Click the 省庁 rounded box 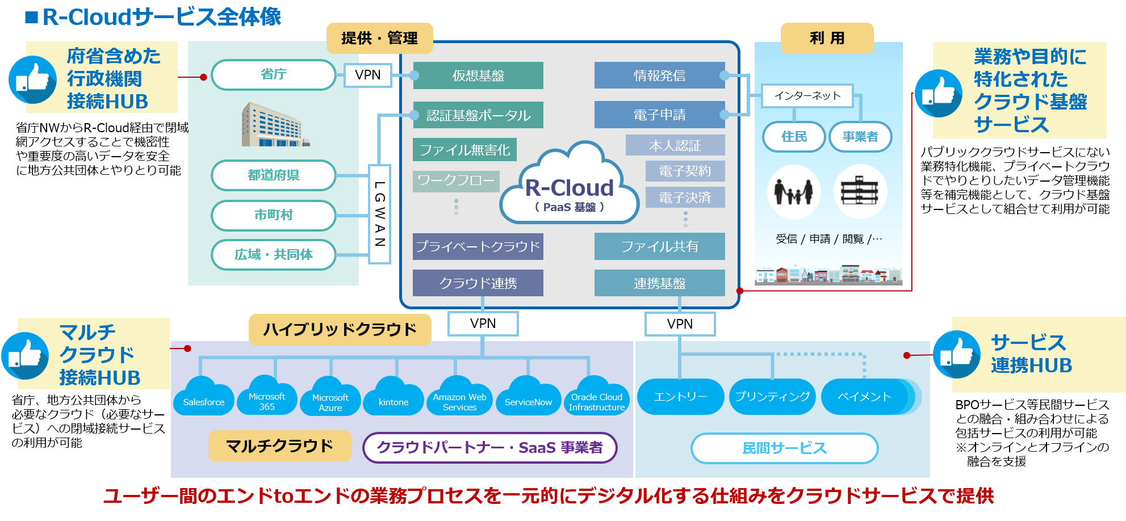point(273,74)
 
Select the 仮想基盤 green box point(478,75)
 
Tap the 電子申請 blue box point(659,115)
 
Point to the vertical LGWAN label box point(380,214)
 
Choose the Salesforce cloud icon point(203,397)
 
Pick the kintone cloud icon point(394,397)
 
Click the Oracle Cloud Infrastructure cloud point(596,397)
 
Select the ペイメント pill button point(864,397)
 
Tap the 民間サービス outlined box point(784,448)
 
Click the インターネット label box point(807,95)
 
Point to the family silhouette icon point(794,192)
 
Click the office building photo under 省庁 point(273,125)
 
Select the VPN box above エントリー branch point(680,324)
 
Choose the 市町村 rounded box point(273,215)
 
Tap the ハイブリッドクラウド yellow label point(340,329)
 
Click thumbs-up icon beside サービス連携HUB point(956,355)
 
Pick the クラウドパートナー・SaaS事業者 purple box point(489,448)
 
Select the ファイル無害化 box point(464,150)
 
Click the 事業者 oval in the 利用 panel point(860,137)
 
